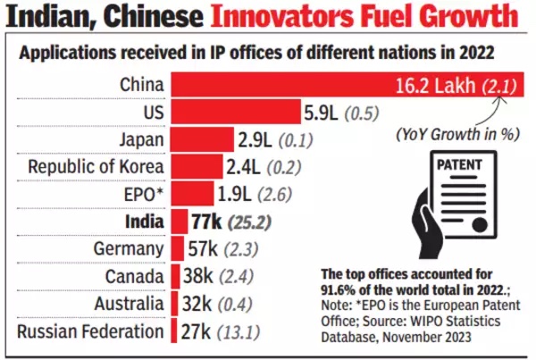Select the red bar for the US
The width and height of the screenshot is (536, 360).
(236, 113)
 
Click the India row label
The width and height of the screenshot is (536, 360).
(144, 222)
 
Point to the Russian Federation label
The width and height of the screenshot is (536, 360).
(90, 332)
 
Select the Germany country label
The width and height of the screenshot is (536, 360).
(131, 249)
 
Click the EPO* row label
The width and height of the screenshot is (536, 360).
(142, 194)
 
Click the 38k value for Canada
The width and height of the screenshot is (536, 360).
(202, 277)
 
